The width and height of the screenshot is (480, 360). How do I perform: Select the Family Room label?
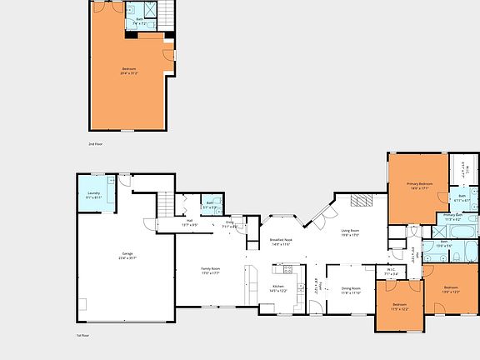pyautogui.click(x=209, y=271)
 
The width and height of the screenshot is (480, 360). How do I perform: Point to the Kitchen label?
pyautogui.click(x=279, y=287)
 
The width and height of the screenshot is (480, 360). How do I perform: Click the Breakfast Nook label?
pyautogui.click(x=279, y=242)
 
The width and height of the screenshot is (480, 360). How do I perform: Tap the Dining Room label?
pyautogui.click(x=351, y=291)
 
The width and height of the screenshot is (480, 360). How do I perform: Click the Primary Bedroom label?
pyautogui.click(x=419, y=185)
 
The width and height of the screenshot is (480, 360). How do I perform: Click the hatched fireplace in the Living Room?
pyautogui.click(x=361, y=200)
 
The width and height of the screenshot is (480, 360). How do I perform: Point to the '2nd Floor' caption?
pyautogui.click(x=96, y=144)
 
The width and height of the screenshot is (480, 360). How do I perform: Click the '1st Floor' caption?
pyautogui.click(x=71, y=336)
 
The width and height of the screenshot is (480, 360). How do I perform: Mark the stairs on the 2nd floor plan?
pyautogui.click(x=167, y=12)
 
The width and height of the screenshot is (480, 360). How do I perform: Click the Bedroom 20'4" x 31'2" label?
pyautogui.click(x=129, y=70)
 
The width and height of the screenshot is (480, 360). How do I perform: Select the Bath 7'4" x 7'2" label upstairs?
pyautogui.click(x=140, y=22)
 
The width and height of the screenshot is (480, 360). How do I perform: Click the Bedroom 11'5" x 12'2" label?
pyautogui.click(x=400, y=307)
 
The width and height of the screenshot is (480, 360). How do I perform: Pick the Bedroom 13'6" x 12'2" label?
pyautogui.click(x=451, y=289)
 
